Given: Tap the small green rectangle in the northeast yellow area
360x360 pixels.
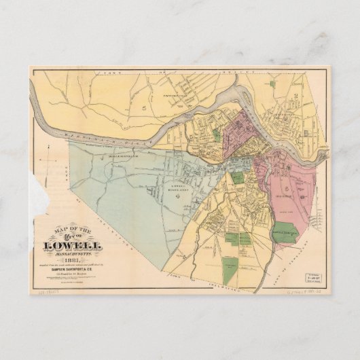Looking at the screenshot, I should pos(272,84).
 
